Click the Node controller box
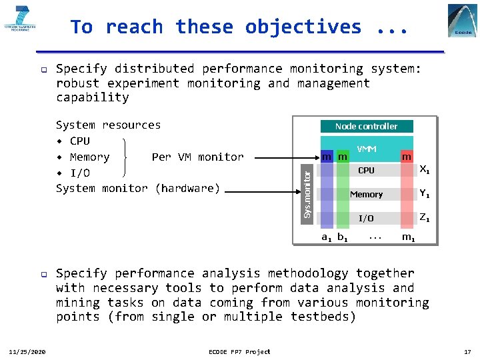click(x=366, y=126)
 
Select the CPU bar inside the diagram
click(x=366, y=171)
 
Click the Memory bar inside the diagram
click(x=366, y=195)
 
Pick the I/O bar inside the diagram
click(x=366, y=219)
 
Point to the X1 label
click(x=424, y=170)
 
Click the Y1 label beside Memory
click(x=424, y=194)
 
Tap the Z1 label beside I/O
click(x=424, y=218)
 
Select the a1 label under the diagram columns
click(x=327, y=237)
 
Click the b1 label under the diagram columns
click(x=342, y=237)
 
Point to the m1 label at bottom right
click(x=408, y=237)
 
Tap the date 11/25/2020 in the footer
click(x=27, y=352)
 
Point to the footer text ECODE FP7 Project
click(x=239, y=352)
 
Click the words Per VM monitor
click(x=197, y=157)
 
